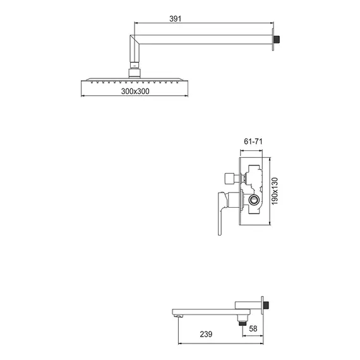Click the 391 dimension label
[x=176, y=18]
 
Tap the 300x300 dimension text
[x=135, y=92]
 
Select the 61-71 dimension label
[x=253, y=141]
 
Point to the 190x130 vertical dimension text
[x=275, y=191]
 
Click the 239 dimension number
[x=206, y=334]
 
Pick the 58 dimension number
[x=253, y=328]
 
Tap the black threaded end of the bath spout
[x=266, y=305]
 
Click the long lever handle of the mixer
[x=220, y=213]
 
